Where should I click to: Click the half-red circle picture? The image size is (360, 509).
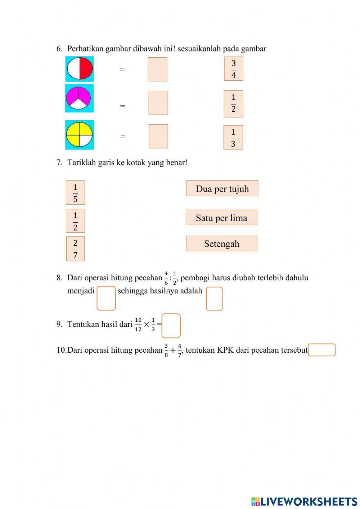click(x=80, y=68)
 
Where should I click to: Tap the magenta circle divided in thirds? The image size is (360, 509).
click(x=79, y=98)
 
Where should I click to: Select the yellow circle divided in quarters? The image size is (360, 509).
click(x=79, y=135)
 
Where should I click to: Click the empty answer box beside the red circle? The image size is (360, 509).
click(x=157, y=69)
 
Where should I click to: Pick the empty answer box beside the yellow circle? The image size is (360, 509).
click(x=158, y=136)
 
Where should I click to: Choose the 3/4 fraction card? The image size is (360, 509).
click(x=234, y=68)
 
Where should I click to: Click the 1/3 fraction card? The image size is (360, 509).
click(x=233, y=137)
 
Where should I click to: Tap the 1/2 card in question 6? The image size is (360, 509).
click(x=233, y=104)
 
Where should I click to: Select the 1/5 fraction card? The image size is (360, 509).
click(x=75, y=192)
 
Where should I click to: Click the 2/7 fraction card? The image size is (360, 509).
click(x=75, y=249)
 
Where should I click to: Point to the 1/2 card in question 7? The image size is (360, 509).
click(x=75, y=220)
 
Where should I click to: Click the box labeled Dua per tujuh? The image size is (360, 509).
click(x=222, y=188)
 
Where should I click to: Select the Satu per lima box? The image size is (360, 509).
click(x=221, y=218)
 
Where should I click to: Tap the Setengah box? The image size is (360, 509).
click(x=222, y=244)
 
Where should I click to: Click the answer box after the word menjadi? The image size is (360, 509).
click(x=106, y=298)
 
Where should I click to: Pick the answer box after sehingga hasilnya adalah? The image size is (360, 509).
click(x=214, y=299)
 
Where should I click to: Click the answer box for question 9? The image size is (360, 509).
click(x=171, y=326)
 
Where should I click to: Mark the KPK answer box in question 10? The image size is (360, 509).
click(x=321, y=350)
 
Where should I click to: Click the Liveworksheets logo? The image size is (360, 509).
click(x=304, y=501)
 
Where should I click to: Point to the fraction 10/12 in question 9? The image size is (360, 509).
click(x=138, y=325)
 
